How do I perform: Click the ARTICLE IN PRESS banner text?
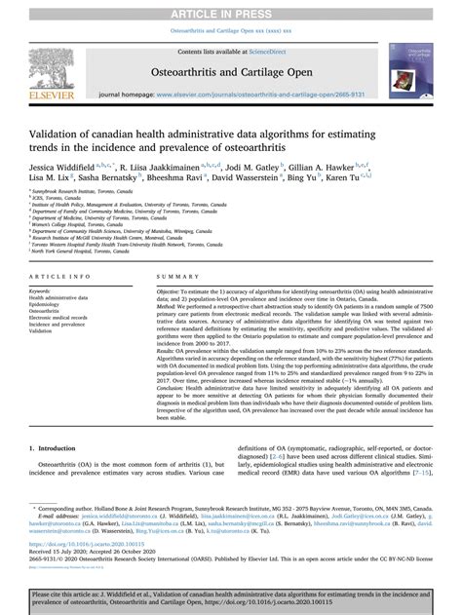[230, 9]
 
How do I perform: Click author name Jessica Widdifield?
[69, 167]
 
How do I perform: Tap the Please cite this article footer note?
[230, 596]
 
